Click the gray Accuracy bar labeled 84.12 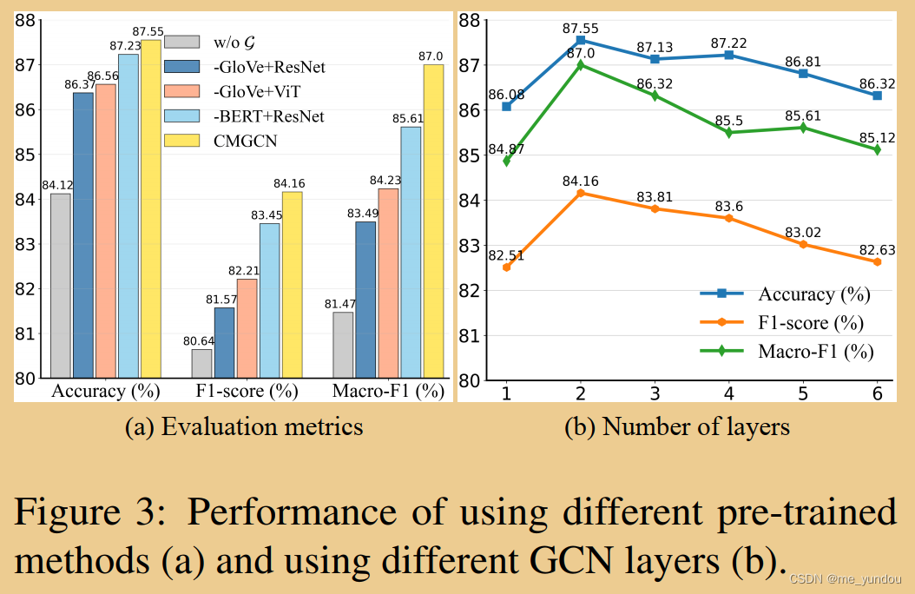61,286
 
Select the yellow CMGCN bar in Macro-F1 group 433,221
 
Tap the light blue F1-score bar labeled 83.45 269,300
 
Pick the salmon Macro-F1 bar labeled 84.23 388,283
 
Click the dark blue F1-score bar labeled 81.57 224,342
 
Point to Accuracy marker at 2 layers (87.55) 580,40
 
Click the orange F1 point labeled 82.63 877,261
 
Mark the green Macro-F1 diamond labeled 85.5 728,133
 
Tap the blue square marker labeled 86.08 506,106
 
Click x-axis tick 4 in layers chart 728,394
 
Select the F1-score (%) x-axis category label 247,391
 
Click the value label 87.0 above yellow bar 431,56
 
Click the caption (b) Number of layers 677,427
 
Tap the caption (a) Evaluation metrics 243,427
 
